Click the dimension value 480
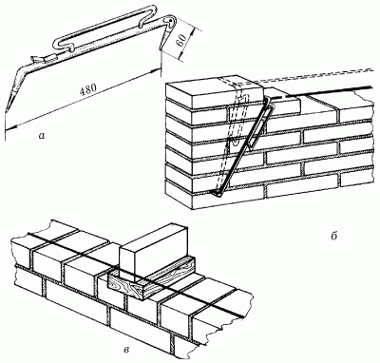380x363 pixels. click(88, 89)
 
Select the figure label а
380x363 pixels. click(41, 136)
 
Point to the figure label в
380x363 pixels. click(126, 350)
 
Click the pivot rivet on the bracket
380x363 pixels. click(171, 21)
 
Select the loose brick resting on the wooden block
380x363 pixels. click(153, 249)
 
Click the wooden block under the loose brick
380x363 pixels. click(152, 278)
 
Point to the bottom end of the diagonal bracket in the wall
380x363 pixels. click(218, 194)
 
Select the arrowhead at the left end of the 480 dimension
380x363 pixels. click(9, 127)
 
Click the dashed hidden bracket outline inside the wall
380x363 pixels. click(235, 133)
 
